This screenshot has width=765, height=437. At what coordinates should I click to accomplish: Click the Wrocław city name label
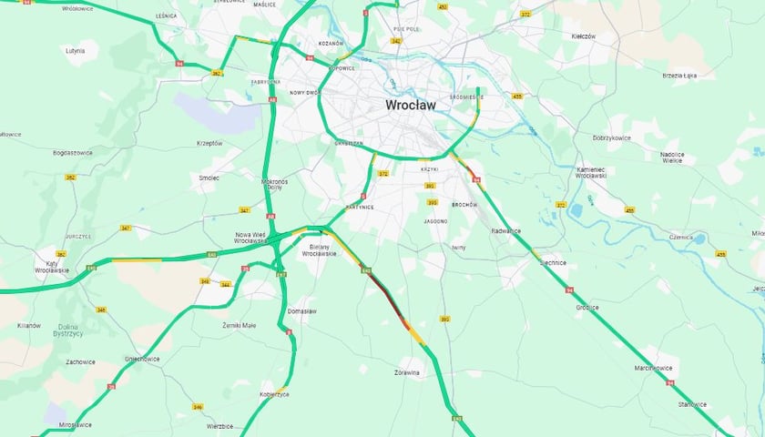pos(410,105)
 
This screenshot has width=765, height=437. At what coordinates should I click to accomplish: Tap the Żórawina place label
pos(407,372)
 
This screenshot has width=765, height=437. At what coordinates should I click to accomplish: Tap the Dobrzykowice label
pos(612,137)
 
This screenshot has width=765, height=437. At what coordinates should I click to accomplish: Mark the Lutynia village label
pos(76,51)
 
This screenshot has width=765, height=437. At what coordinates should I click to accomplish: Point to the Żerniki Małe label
pos(239,325)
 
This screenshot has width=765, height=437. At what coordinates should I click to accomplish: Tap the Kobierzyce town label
pos(273,394)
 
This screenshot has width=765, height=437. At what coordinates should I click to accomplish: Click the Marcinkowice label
pos(652,368)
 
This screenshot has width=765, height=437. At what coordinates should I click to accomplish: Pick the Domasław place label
pos(301,310)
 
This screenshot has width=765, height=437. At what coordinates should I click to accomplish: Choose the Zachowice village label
pos(81,361)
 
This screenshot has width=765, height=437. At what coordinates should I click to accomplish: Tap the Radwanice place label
pos(505,231)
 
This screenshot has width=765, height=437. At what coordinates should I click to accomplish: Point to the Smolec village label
pos(209,178)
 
